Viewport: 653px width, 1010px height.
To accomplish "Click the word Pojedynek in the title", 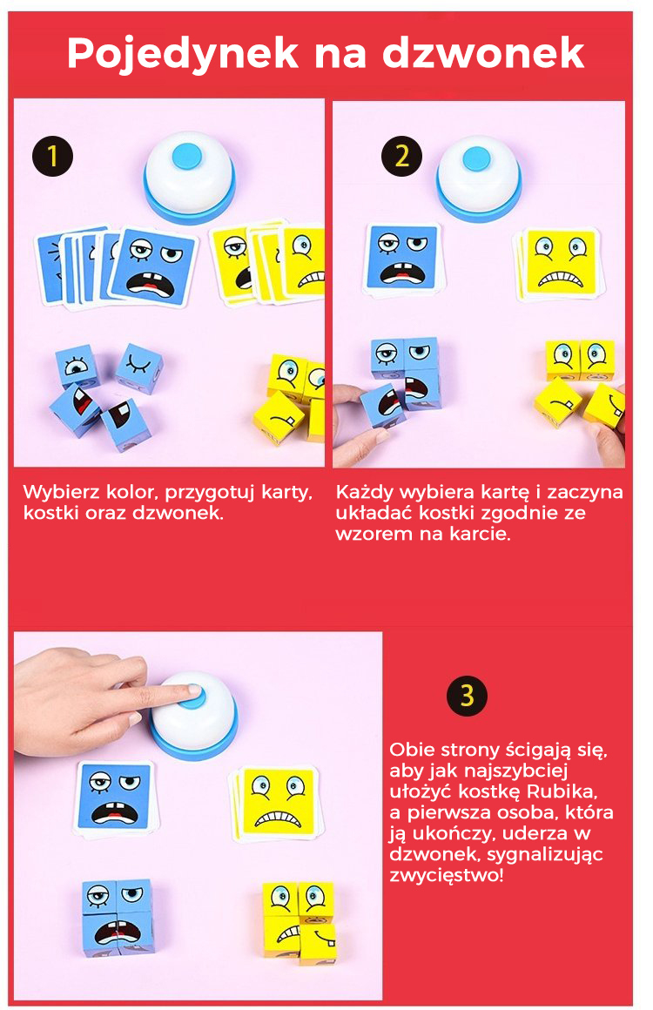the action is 183,54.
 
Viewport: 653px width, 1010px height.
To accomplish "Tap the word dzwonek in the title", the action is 483,53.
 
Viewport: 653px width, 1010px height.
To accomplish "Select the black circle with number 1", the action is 52,157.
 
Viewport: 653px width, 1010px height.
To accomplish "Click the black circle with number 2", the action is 401,157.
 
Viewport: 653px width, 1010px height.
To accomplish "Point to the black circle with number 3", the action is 467,696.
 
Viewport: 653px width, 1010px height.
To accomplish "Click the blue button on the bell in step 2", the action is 477,159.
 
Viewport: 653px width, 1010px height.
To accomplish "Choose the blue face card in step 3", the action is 116,798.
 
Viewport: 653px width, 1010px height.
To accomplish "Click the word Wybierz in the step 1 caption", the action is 61,493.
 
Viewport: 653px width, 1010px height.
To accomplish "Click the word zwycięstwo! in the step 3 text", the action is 447,875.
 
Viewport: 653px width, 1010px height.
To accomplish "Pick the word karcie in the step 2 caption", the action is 480,534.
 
